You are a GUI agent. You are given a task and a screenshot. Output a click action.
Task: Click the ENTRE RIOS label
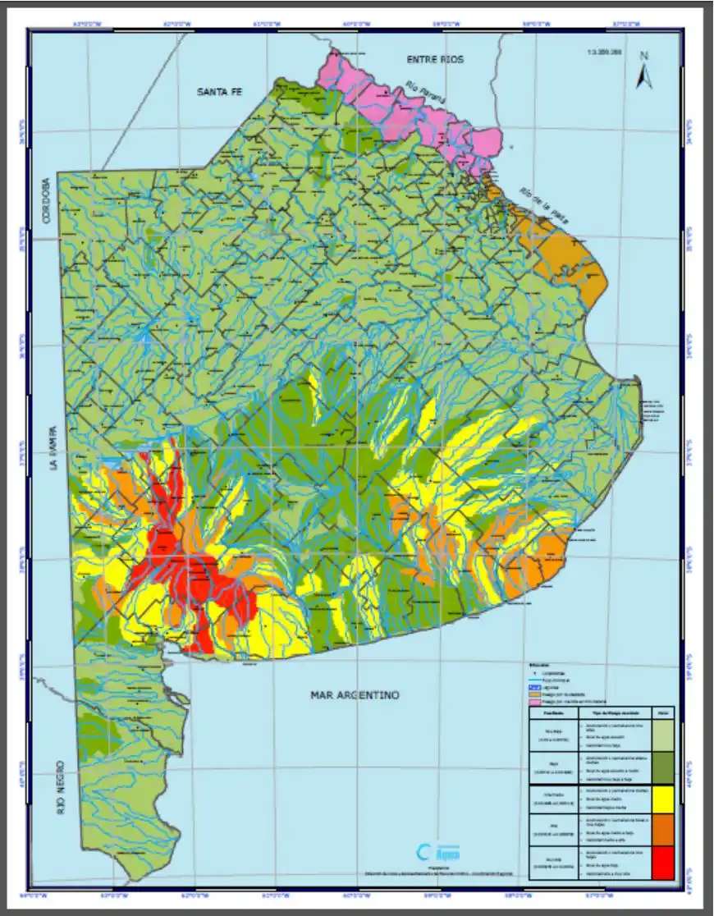click(436, 60)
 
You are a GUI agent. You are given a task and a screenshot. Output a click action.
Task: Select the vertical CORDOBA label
click(47, 202)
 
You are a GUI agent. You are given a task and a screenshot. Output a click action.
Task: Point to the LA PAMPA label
click(53, 448)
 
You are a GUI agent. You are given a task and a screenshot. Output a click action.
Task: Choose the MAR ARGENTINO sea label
click(355, 695)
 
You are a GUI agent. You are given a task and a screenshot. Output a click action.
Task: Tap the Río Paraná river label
click(426, 93)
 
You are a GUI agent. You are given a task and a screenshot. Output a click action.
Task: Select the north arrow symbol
click(644, 76)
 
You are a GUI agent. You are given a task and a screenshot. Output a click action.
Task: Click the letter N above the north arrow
click(644, 56)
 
